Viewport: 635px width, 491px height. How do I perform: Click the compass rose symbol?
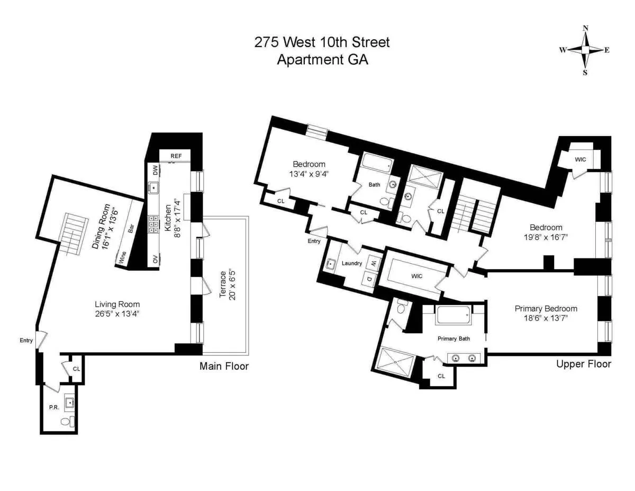(585, 50)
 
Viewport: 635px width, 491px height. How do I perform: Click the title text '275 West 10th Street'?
(322, 42)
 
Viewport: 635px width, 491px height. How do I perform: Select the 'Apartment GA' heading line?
(322, 59)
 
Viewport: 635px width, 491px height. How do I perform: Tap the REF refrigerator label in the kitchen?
(176, 156)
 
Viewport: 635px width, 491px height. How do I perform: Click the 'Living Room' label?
(117, 304)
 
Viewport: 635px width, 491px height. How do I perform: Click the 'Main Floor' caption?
(224, 366)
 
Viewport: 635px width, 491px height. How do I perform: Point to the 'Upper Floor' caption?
(584, 364)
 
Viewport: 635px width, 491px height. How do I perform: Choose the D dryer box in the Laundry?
(369, 278)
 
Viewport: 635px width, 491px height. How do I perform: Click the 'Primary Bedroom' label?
(546, 309)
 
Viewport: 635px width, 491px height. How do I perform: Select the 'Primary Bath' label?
(453, 338)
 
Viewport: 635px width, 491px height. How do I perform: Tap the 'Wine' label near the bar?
(122, 258)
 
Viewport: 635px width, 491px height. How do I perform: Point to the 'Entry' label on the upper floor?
(314, 241)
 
